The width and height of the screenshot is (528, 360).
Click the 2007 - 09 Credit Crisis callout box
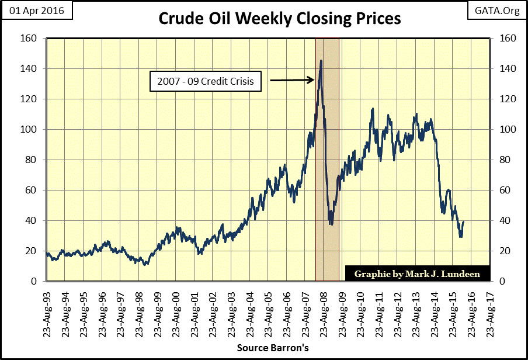[206, 81]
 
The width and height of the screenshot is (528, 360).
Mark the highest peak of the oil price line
[321, 60]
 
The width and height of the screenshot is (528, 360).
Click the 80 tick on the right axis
[502, 160]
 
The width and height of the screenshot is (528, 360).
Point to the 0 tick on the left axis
[35, 282]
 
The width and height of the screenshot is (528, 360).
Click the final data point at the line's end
[463, 221]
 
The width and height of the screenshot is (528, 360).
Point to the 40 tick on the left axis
[33, 221]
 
